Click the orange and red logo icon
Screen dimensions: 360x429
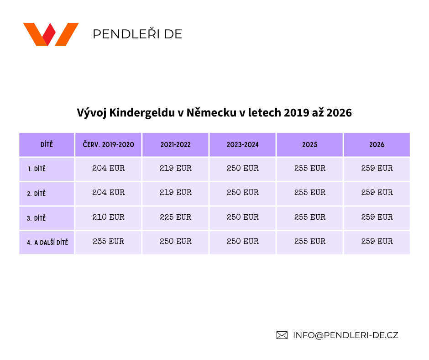[51, 34]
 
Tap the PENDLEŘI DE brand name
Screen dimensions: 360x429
[137, 34]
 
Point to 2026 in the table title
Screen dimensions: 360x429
[340, 113]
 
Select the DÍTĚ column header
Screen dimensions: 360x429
[47, 145]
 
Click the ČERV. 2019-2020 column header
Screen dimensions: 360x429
[109, 145]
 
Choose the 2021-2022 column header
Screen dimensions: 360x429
[176, 145]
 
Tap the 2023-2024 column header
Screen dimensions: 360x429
[243, 145]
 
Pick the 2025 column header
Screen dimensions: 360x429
[310, 145]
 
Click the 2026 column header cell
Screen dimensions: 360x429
[377, 145]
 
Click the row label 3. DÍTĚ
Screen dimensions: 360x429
[37, 218]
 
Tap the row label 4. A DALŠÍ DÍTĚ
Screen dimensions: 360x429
[47, 243]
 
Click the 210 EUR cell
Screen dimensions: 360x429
[109, 217]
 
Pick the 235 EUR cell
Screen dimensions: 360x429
[109, 241]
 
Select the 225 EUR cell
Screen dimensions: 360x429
[176, 217]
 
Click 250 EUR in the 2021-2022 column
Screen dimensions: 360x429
[176, 241]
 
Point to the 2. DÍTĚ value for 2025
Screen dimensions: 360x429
[310, 193]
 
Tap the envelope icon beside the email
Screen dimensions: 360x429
[282, 335]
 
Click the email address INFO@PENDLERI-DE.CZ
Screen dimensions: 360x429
[345, 335]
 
